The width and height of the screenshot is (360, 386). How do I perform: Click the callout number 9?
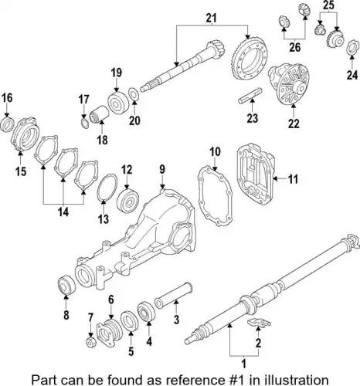tap(162, 170)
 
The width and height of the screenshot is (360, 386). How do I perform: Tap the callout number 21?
tap(211, 18)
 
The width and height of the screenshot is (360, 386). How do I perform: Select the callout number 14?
tap(63, 212)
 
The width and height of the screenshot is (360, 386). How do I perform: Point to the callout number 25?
tap(328, 5)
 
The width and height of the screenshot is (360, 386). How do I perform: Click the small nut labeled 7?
tap(90, 342)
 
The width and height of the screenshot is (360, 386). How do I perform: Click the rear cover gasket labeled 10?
tap(215, 197)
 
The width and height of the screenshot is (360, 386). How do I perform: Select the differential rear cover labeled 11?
tap(254, 174)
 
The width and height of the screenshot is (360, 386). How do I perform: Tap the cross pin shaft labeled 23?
tap(250, 96)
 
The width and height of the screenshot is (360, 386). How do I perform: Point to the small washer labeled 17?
tap(85, 123)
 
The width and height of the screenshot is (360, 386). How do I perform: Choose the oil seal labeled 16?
tap(8, 124)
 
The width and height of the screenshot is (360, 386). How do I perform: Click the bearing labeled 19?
tap(117, 103)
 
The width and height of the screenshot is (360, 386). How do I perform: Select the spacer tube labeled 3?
tap(173, 295)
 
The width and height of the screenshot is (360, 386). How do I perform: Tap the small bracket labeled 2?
tap(260, 322)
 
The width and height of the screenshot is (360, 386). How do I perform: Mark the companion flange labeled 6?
tap(109, 333)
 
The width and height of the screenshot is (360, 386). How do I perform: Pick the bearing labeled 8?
tap(66, 284)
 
